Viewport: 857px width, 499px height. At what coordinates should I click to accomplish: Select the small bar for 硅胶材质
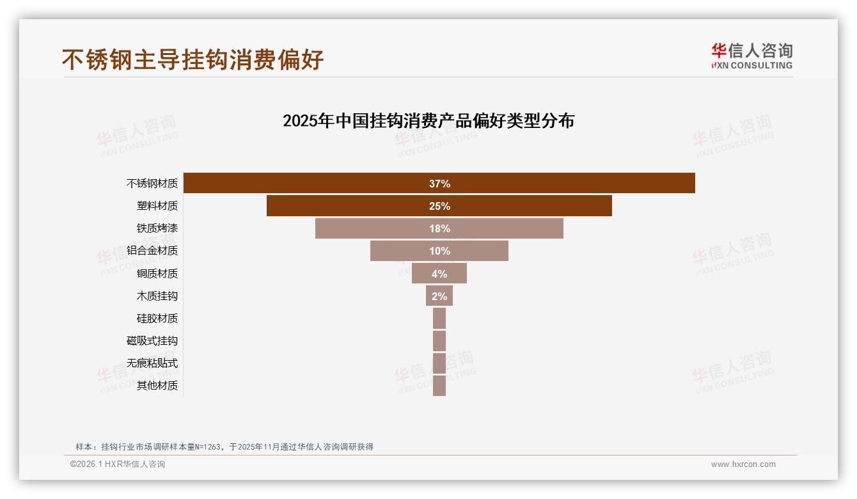439,318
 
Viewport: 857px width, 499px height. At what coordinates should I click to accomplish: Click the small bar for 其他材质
439,385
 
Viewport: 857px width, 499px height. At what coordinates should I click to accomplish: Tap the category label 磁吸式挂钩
152,341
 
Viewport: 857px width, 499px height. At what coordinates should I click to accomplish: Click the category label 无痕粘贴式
152,363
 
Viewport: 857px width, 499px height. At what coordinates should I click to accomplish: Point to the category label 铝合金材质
152,251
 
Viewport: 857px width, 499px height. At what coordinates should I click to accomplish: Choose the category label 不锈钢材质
152,184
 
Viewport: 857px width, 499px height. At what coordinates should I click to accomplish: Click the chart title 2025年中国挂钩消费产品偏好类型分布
428,121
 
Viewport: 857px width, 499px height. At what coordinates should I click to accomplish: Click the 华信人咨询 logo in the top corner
751,56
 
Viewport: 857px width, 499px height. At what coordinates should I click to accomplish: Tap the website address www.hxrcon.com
743,464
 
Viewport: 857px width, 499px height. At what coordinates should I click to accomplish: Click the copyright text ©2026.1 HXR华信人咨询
118,464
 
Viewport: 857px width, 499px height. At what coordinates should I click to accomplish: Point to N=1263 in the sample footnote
207,447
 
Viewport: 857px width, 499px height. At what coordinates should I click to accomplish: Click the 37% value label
439,184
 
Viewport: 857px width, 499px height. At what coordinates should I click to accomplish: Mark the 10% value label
439,251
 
